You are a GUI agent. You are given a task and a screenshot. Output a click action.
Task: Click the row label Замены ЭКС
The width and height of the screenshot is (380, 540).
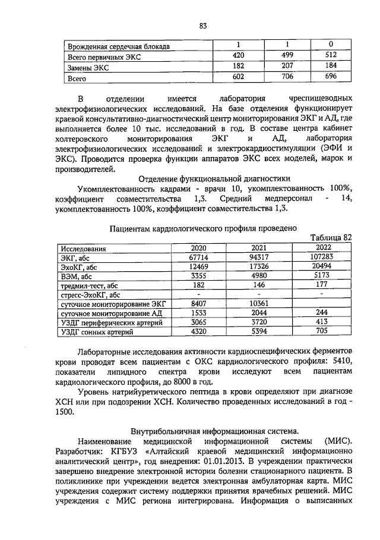click(90, 67)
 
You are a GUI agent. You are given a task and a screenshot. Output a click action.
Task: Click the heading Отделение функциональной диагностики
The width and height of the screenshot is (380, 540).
click(214, 177)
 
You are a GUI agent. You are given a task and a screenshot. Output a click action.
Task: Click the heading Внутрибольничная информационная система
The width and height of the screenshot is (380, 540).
click(214, 430)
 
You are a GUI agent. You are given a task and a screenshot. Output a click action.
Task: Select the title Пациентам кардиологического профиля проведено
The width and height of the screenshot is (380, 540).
click(203, 227)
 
